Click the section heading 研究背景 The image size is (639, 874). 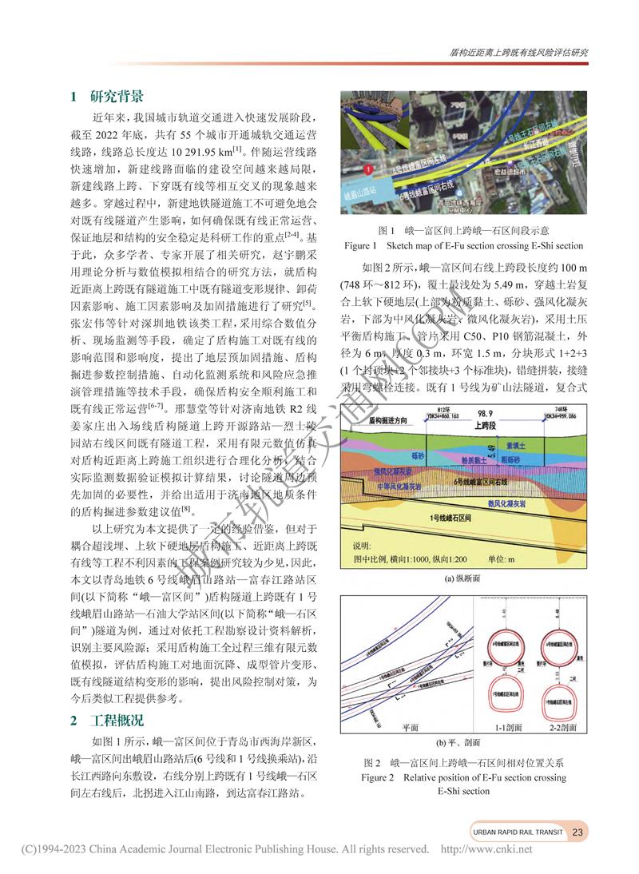coord(117,97)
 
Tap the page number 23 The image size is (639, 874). coord(578,832)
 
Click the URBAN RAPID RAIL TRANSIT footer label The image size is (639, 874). coord(518,832)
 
